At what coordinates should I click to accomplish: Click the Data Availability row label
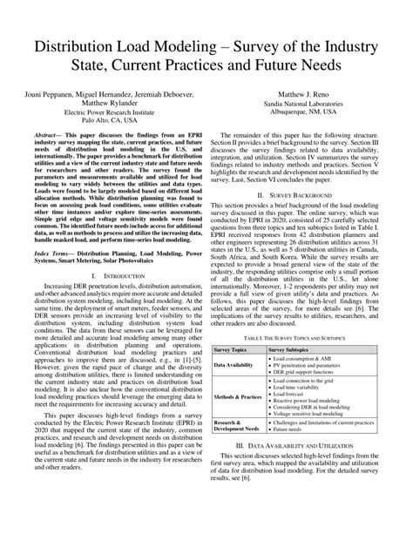click(236, 366)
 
